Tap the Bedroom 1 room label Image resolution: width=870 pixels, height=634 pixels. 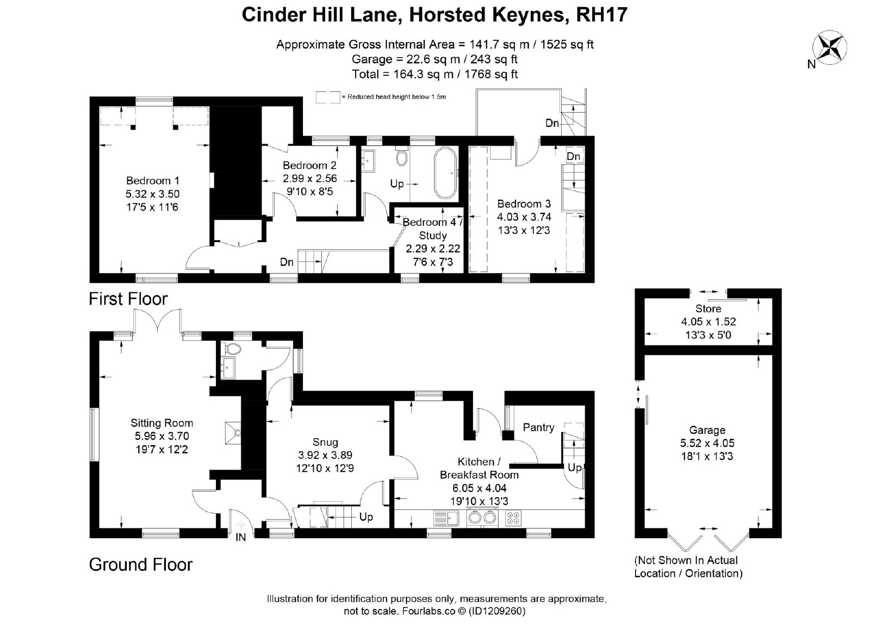(x=153, y=181)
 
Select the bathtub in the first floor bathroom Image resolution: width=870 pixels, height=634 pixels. (x=446, y=173)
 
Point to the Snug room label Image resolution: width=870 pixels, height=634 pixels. (x=325, y=442)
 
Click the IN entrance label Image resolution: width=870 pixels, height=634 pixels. (x=240, y=537)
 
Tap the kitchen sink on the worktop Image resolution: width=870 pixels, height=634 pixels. (x=446, y=518)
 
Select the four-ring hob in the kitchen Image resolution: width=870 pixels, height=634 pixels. (x=513, y=518)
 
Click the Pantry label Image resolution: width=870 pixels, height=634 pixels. (x=538, y=428)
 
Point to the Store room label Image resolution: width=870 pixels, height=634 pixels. (x=708, y=309)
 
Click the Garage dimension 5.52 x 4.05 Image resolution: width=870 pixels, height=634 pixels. (x=707, y=443)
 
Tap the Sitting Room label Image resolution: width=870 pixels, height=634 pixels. (x=161, y=423)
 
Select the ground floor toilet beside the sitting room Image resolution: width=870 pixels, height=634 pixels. (x=232, y=348)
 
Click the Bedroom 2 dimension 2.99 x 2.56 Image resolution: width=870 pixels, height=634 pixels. (x=309, y=178)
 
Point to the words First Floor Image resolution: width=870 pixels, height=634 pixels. (x=128, y=299)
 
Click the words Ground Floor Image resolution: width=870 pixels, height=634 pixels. (x=141, y=565)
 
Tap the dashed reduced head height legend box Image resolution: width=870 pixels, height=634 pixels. (x=328, y=97)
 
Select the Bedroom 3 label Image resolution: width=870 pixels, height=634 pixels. (x=524, y=204)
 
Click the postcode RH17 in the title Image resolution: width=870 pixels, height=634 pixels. (x=601, y=15)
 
